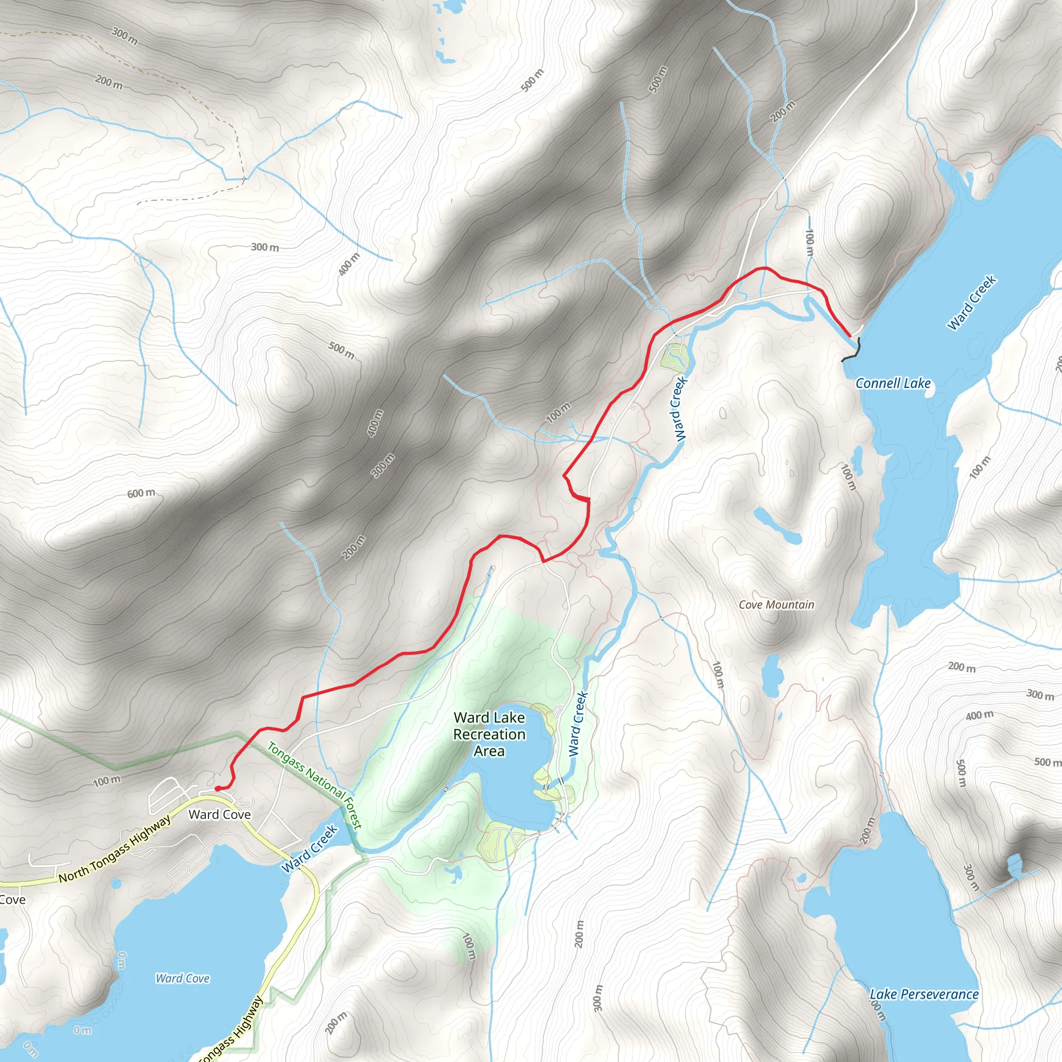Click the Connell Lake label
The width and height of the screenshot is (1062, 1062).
click(x=893, y=383)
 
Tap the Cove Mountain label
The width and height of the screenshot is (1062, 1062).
click(x=776, y=605)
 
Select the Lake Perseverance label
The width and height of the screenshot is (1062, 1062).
click(x=924, y=994)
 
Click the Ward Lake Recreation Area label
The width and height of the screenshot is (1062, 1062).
click(x=489, y=734)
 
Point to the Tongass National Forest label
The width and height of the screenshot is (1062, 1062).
click(x=314, y=786)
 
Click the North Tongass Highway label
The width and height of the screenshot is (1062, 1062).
click(x=115, y=849)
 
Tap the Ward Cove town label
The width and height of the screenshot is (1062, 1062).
click(x=219, y=815)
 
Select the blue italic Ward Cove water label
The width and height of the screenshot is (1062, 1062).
click(x=183, y=978)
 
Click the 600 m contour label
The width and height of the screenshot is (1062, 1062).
click(x=141, y=493)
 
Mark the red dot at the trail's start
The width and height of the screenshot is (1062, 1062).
click(x=218, y=788)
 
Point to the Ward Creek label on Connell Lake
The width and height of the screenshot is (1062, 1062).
click(x=971, y=303)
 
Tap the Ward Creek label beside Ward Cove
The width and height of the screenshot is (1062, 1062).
click(x=309, y=849)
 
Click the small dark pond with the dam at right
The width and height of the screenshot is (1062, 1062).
click(x=1015, y=867)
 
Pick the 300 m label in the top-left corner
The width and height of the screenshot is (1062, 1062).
click(x=125, y=36)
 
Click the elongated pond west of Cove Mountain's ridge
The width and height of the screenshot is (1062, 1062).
click(x=777, y=525)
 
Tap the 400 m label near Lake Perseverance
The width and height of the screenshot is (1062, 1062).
click(x=980, y=715)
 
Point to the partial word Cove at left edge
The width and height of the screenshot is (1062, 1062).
click(x=12, y=900)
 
